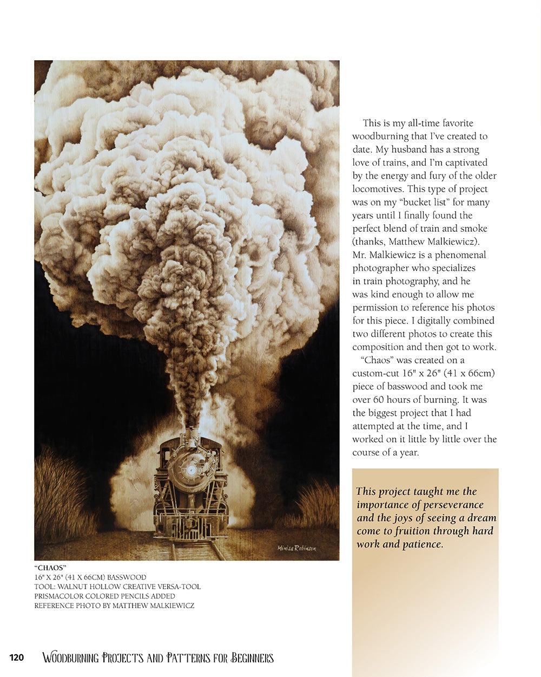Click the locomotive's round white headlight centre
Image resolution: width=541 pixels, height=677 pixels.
click(191, 470)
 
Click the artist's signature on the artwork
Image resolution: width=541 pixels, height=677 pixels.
click(296, 548)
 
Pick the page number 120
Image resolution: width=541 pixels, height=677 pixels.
click(17, 658)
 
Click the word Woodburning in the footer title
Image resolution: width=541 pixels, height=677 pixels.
click(70, 658)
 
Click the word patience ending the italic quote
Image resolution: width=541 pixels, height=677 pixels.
click(423, 544)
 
